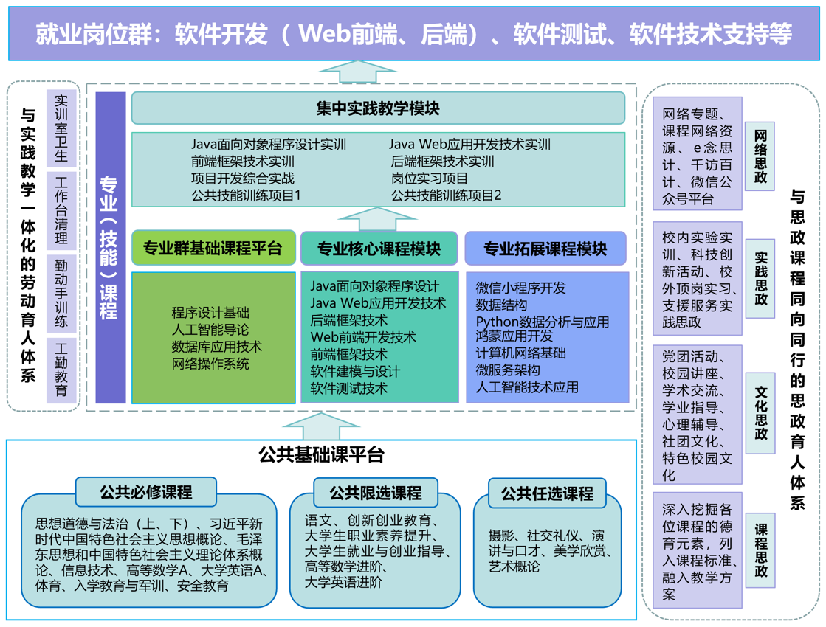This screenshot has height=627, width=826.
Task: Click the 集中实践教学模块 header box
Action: point(378,108)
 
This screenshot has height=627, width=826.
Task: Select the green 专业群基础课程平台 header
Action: point(213,249)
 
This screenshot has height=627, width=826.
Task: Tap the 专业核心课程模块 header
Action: point(379,249)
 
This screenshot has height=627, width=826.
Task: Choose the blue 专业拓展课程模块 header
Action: point(545,249)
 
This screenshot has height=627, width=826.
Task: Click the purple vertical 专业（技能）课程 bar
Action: point(110,248)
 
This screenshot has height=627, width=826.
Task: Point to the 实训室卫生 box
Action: point(61,127)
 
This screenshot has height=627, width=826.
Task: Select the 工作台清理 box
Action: point(61,210)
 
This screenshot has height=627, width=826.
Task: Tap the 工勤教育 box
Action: point(61,370)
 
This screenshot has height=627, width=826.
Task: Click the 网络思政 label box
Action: point(760,156)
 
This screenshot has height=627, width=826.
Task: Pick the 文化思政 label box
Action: point(760,413)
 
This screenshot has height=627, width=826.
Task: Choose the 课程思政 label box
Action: point(760,550)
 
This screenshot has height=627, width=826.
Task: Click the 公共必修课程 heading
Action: point(145,491)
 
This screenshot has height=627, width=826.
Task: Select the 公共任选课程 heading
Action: point(547,493)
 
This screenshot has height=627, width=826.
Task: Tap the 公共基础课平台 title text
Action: point(321,454)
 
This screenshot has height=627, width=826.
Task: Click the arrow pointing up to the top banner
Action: point(358,72)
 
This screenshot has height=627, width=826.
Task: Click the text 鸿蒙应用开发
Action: point(514,336)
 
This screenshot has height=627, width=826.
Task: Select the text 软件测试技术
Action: point(348,388)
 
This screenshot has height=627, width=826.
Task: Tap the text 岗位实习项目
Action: point(430,179)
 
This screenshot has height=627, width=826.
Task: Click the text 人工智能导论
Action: point(210,330)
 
